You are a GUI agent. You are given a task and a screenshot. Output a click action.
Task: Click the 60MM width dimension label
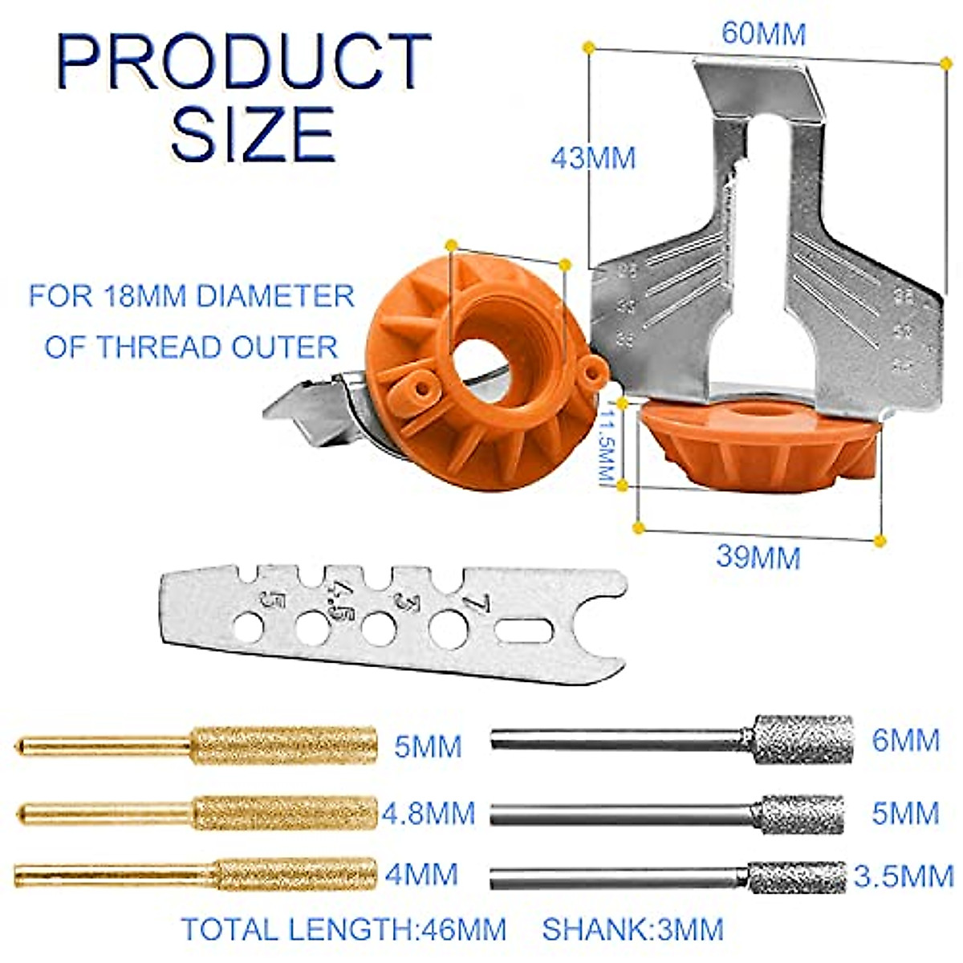click(x=763, y=34)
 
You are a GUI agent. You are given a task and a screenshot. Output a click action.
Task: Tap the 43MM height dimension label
click(x=593, y=157)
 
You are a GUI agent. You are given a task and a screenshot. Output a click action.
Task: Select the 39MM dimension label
click(x=758, y=556)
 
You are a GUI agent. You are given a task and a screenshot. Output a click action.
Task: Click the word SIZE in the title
click(x=252, y=134)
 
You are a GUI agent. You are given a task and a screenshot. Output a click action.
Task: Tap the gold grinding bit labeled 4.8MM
click(x=285, y=812)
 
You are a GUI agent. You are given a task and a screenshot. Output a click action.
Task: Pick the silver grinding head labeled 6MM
click(x=802, y=738)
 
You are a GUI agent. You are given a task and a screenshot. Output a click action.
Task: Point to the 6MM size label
click(x=905, y=740)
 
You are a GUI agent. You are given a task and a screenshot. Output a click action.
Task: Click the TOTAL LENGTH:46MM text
click(x=343, y=929)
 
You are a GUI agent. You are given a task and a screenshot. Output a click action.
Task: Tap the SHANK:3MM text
click(x=632, y=929)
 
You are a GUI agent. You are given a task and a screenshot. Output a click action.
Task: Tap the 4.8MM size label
click(x=428, y=813)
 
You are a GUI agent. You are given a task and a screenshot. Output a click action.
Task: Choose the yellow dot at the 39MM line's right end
click(x=880, y=540)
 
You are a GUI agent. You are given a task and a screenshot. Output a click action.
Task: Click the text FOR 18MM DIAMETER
click(x=191, y=296)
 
